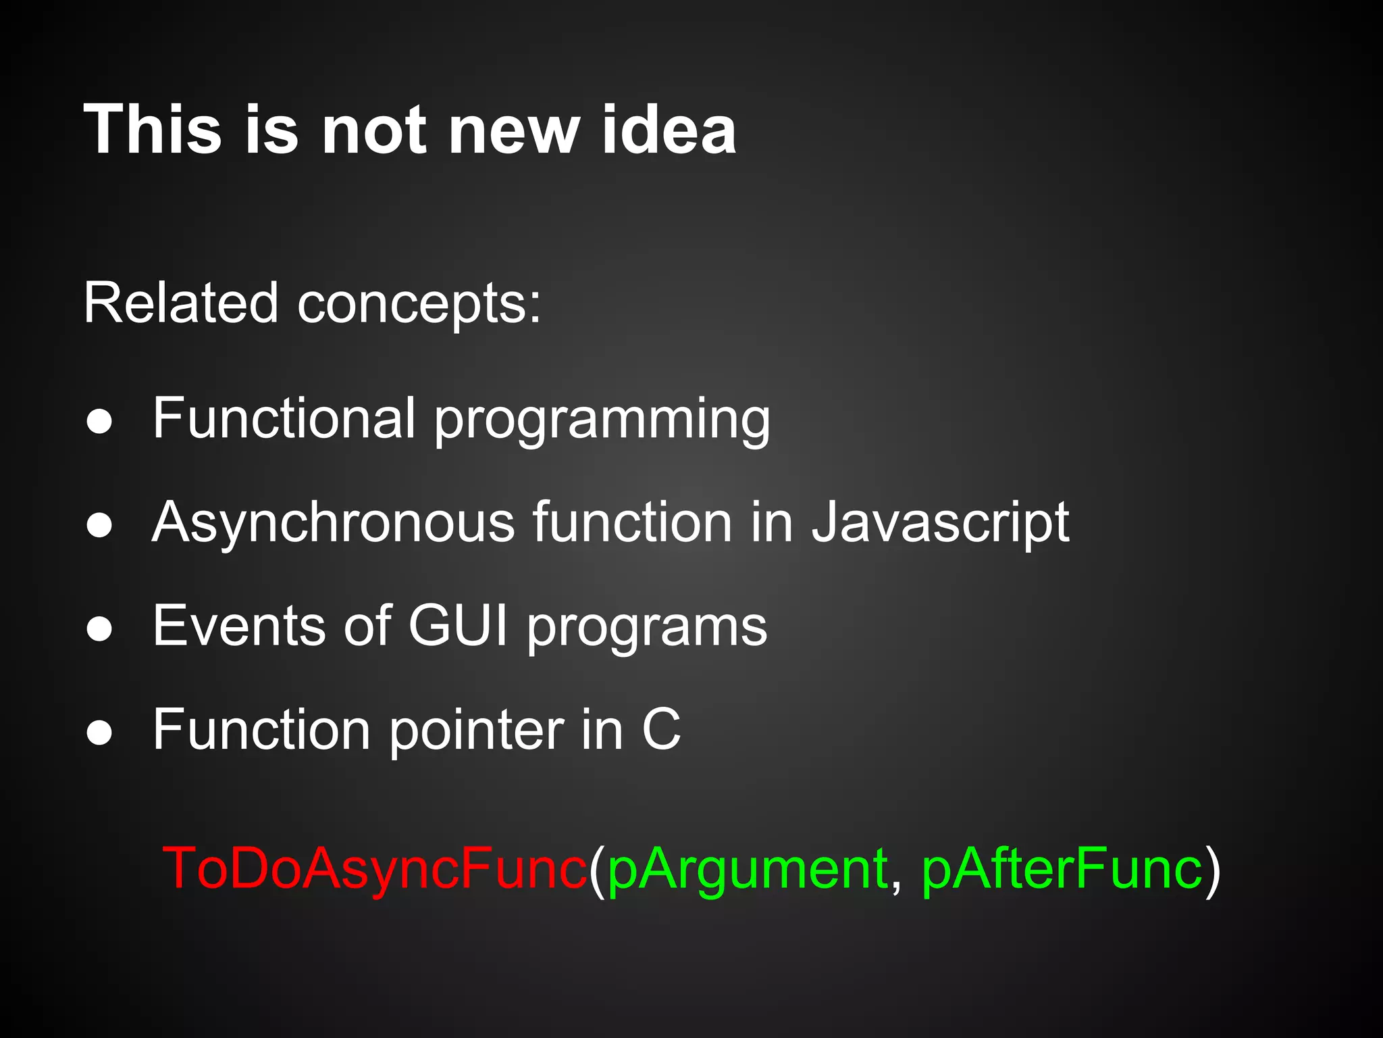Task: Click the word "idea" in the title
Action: (669, 130)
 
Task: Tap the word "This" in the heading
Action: (153, 130)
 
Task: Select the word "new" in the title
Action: (514, 130)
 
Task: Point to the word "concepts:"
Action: (419, 303)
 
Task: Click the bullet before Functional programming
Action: (99, 422)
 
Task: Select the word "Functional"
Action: (284, 418)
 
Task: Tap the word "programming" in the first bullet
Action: (602, 422)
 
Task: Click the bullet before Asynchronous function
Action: (99, 525)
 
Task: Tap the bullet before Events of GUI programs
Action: (99, 629)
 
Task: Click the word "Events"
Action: (240, 626)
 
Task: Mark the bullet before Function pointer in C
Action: (99, 733)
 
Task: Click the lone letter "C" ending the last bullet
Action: (661, 730)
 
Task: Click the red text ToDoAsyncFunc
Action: (375, 868)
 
